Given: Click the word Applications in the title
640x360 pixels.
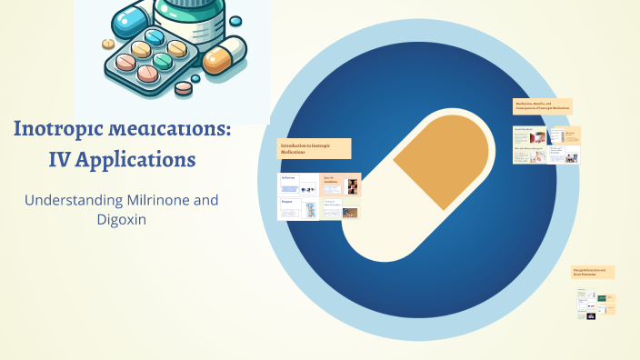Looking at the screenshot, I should point(141,160).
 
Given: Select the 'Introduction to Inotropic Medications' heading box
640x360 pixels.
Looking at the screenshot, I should point(314,149).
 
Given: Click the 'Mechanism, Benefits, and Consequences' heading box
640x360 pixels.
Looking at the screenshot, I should point(542,106).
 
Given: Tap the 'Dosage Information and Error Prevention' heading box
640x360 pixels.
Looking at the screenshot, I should point(593,272).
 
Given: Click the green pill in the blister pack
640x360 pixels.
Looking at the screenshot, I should point(163,60).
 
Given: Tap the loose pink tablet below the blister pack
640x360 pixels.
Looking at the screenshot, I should point(184,88).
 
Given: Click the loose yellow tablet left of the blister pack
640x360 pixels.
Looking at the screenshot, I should point(107,43).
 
